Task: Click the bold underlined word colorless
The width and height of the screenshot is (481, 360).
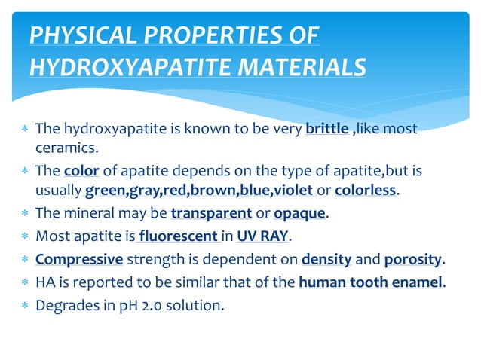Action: click(366, 190)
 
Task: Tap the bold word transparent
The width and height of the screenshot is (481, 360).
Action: click(212, 213)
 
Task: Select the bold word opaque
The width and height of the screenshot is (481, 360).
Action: click(299, 213)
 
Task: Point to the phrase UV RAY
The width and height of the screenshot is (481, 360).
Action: click(263, 237)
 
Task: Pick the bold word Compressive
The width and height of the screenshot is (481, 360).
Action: click(79, 261)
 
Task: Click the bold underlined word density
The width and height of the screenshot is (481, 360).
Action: click(326, 261)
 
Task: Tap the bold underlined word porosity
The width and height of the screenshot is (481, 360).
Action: click(413, 261)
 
